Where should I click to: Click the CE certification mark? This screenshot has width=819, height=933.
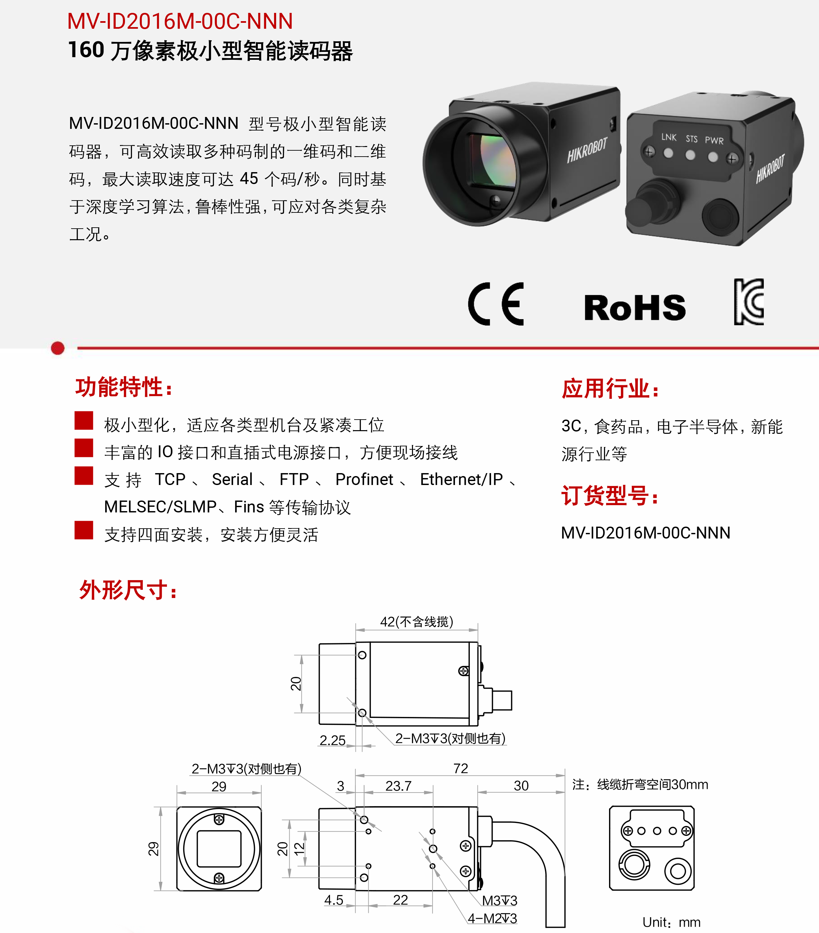click(x=496, y=304)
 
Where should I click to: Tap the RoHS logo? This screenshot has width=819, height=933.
click(x=635, y=307)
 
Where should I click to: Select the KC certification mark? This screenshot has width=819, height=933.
click(x=749, y=302)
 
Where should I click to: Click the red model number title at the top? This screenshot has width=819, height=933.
click(x=180, y=21)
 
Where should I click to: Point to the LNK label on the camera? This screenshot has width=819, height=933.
click(x=669, y=137)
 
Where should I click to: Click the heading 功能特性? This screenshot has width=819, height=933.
click(x=124, y=387)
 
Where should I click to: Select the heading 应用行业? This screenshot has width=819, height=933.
click(x=610, y=389)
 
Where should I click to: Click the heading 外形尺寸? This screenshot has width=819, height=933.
click(x=128, y=590)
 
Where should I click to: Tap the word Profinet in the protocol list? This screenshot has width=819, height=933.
click(x=364, y=479)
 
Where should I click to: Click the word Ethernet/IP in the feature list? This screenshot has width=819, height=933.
click(x=461, y=479)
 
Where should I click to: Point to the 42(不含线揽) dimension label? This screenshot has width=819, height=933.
click(x=417, y=622)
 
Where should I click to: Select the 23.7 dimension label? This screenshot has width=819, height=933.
click(x=398, y=786)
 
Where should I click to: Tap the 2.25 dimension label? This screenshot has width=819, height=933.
click(x=333, y=740)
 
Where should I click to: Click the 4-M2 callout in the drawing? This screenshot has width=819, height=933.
click(x=492, y=918)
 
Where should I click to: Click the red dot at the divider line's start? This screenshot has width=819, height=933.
click(x=58, y=348)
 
